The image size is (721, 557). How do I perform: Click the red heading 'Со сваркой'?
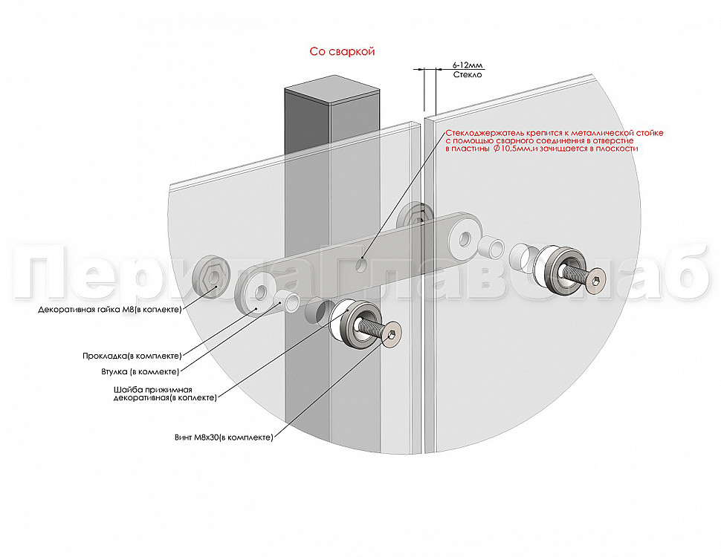tap(342, 51)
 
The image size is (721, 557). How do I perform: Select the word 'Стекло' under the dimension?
tap(468, 74)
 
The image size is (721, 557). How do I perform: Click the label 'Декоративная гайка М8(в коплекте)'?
tap(110, 309)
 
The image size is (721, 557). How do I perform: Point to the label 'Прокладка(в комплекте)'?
tap(132, 356)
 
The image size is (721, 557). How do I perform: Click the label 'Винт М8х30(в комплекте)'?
tap(224, 437)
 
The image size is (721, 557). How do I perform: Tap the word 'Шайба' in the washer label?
tap(126, 390)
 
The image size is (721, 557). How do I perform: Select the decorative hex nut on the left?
tap(213, 276)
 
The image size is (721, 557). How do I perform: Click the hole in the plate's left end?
tap(260, 294)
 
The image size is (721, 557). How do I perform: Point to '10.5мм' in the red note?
tap(513, 149)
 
